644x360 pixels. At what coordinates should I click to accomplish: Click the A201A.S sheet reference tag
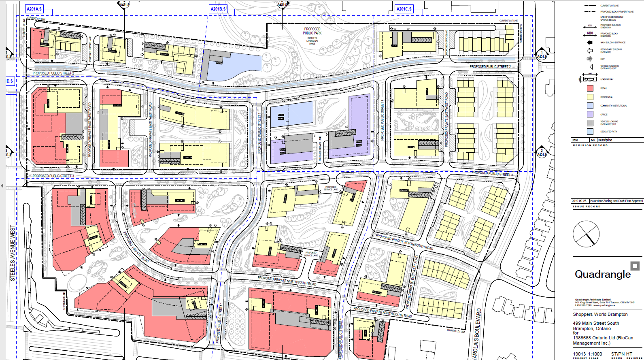click(34, 9)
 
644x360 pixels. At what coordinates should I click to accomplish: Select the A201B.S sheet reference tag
click(218, 9)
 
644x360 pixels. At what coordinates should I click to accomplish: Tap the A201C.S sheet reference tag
click(404, 9)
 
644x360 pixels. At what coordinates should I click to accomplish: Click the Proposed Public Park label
click(312, 31)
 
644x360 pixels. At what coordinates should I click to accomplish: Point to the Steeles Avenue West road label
click(13, 253)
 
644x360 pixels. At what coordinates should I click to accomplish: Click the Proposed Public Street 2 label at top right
click(490, 67)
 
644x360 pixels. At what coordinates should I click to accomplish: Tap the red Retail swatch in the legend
click(590, 88)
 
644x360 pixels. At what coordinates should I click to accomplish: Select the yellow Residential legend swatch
click(590, 97)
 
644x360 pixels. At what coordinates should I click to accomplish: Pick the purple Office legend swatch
click(590, 115)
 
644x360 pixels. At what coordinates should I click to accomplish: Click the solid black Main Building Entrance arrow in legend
click(590, 43)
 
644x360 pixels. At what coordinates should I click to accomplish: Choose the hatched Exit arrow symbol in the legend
click(590, 59)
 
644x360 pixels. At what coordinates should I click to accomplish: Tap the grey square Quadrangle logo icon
click(635, 266)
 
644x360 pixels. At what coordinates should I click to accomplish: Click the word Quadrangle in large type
click(603, 275)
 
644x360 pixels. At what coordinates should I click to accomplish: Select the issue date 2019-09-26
click(579, 201)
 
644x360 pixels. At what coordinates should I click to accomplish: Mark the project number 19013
click(579, 354)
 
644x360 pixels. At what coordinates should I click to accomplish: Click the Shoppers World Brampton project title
click(600, 314)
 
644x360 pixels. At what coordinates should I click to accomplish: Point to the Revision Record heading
click(590, 145)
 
